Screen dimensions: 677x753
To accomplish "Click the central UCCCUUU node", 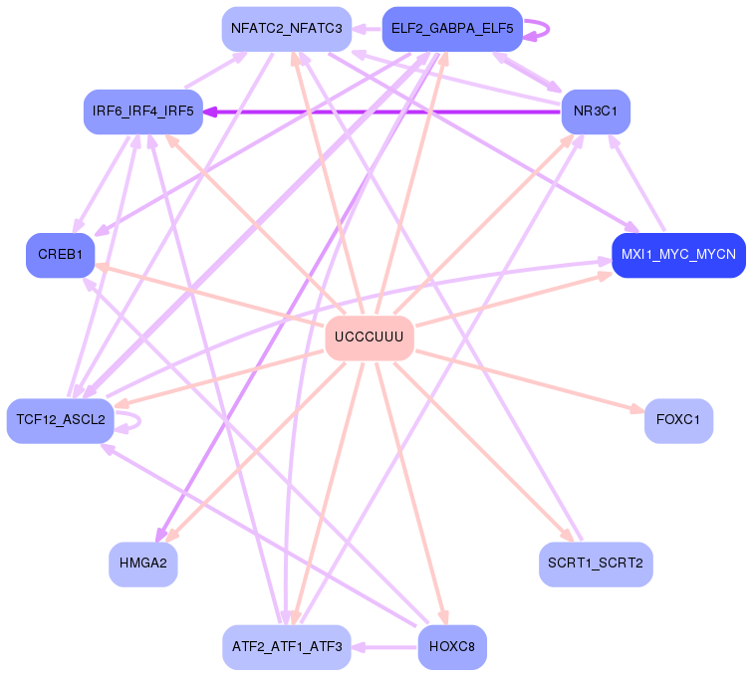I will (x=370, y=338).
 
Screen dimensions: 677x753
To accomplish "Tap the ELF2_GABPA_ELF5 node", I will (x=452, y=29).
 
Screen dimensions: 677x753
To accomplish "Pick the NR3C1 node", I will (x=596, y=112).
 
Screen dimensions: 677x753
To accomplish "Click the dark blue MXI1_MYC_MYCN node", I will (x=678, y=256).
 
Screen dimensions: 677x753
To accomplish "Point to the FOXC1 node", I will (x=678, y=420).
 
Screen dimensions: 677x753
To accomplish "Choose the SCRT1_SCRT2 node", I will (x=596, y=564).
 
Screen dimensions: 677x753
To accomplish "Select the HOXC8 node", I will (x=452, y=647).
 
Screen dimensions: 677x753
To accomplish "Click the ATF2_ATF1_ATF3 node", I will (x=286, y=647).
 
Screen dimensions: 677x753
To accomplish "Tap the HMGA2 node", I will (x=143, y=564).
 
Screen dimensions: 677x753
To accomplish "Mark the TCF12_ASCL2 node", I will (x=61, y=420).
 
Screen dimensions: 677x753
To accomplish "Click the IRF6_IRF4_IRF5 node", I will (x=143, y=112).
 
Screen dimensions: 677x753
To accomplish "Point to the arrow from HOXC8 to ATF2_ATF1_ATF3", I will (x=384, y=647).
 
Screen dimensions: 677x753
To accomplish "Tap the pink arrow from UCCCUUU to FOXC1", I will (x=528, y=379).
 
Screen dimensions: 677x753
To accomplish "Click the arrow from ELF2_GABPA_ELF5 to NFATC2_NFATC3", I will (x=366, y=29).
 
